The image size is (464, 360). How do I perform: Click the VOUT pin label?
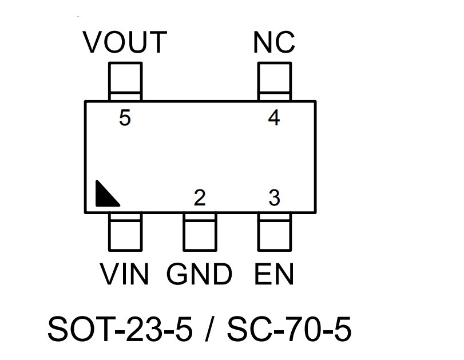pos(125,42)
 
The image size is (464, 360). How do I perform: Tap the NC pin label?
pos(274,42)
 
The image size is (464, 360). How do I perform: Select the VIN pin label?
pos(125,274)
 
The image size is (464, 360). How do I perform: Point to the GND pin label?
pos(200,274)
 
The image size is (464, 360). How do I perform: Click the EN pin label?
pos(274,274)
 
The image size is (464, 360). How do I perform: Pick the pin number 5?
pos(125,117)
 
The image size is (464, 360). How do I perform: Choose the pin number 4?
pos(273,117)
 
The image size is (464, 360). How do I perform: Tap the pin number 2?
pos(200,197)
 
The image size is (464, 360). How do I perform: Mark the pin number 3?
pos(274,197)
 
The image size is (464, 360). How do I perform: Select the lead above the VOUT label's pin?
pos(125,82)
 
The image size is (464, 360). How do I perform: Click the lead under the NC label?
pos(275,82)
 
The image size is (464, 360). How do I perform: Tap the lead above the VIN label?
pos(125,232)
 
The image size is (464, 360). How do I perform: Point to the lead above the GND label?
pos(200,232)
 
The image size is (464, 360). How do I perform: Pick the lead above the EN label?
pos(275,232)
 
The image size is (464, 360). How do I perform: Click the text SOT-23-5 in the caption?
pos(120,329)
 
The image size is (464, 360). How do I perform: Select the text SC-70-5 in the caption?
pos(289,329)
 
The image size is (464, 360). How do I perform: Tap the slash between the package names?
pos(209,329)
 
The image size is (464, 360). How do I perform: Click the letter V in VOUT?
pos(92,42)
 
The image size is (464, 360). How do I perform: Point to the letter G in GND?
pos(177,274)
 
